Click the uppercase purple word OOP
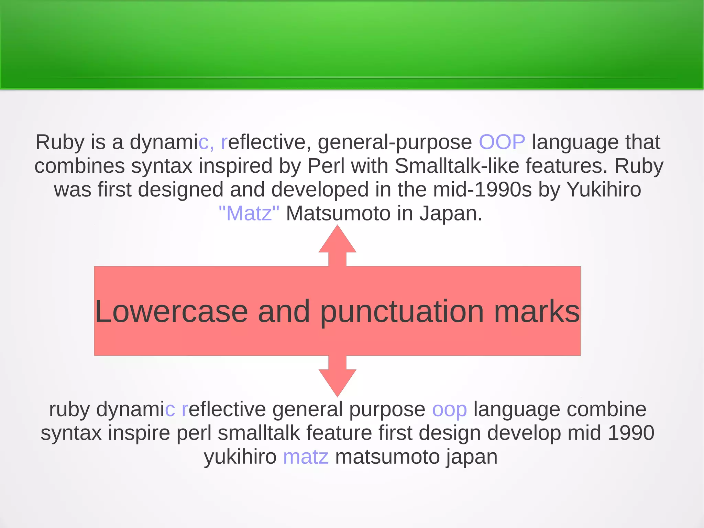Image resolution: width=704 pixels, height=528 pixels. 502,142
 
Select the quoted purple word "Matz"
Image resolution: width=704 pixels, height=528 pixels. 249,213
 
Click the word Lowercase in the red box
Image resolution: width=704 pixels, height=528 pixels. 171,311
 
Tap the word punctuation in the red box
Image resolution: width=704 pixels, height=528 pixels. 402,312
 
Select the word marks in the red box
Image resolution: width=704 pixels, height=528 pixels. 537,311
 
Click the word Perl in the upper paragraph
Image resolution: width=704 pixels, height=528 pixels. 326,166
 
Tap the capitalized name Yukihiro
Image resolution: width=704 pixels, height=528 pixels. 603,190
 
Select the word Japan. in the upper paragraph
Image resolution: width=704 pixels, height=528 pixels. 450,213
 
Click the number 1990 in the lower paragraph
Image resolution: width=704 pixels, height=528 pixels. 631,433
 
